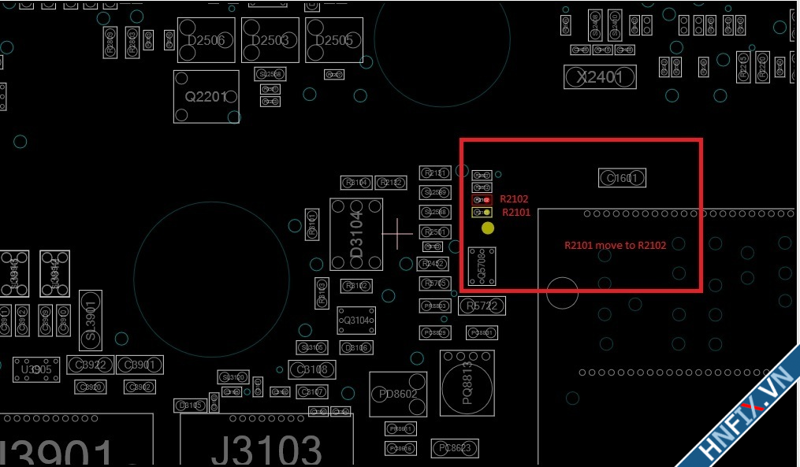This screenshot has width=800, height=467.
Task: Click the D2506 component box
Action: pos(206,40)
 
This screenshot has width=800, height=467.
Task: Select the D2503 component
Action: pos(270,40)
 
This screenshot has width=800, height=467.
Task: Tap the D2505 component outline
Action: pos(334,40)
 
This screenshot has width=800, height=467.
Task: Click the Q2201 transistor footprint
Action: pos(206,97)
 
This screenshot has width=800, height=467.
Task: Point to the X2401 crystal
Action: pos(600,77)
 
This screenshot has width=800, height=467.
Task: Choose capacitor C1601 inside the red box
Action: pos(622,178)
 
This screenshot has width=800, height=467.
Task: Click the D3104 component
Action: pos(356,234)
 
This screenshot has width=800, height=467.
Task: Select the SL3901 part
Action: pos(91,320)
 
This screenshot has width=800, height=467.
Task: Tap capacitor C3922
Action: pos(91,365)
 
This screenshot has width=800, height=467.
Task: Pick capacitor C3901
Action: pos(140,365)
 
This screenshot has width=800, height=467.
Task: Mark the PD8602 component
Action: pos(398,394)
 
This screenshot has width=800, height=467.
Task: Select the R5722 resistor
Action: pos(482,306)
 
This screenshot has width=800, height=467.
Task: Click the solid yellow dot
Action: pos(488,228)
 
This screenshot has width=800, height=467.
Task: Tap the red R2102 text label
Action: pos(514,199)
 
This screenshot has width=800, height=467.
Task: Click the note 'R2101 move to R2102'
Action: pos(615,245)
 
